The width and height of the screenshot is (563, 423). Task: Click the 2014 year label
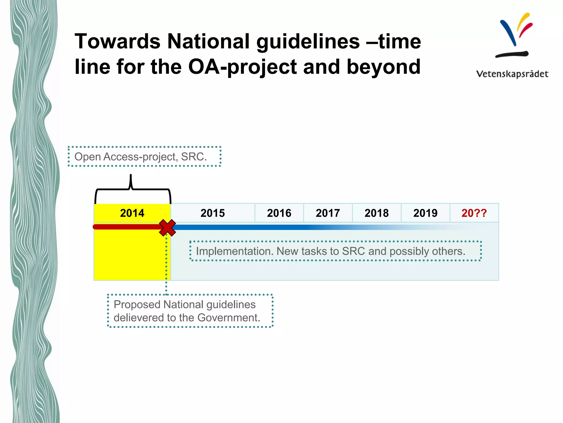(x=132, y=213)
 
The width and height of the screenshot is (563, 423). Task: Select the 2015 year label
(x=212, y=213)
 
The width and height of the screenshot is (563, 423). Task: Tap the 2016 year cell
(x=279, y=213)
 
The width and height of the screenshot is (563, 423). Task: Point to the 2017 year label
(x=328, y=213)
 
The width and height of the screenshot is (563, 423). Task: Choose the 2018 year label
(x=377, y=213)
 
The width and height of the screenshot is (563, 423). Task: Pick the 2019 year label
(x=425, y=213)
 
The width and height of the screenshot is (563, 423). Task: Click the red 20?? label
(x=474, y=213)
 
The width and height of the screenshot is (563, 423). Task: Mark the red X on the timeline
(x=167, y=228)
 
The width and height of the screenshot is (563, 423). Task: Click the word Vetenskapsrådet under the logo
(x=512, y=74)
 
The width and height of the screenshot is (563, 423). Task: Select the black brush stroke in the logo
(x=512, y=54)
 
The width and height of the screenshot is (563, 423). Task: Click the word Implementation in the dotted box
(x=234, y=251)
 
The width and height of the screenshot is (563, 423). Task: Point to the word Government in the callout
(x=228, y=318)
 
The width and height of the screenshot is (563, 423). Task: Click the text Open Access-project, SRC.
(x=140, y=157)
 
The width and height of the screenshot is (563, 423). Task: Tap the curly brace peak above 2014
(x=131, y=176)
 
